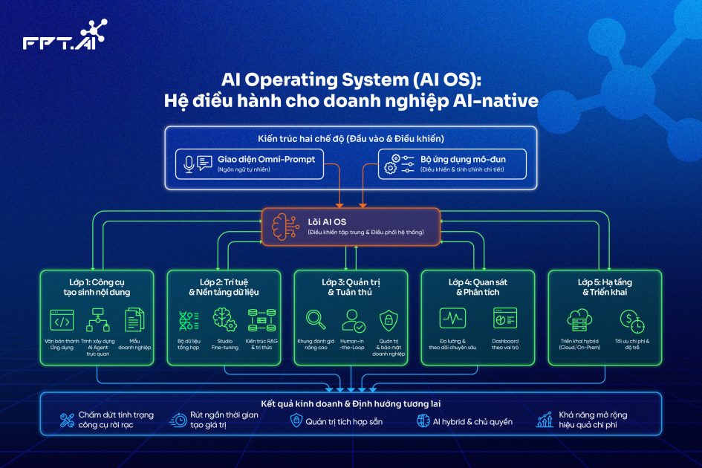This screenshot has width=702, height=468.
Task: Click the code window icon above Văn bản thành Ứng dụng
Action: (62, 320)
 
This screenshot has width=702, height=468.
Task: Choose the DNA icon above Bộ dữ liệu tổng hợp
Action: (189, 320)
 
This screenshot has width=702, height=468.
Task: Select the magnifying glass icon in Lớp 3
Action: (316, 319)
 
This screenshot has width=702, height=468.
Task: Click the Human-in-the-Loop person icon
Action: (351, 319)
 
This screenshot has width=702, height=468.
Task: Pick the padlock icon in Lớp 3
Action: (386, 320)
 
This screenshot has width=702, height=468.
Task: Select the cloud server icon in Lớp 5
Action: (579, 319)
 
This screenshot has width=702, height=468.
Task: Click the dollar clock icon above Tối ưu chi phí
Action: (631, 320)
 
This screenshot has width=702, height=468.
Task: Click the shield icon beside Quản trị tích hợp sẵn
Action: (295, 421)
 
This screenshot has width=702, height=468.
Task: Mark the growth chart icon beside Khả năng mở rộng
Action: (545, 420)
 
